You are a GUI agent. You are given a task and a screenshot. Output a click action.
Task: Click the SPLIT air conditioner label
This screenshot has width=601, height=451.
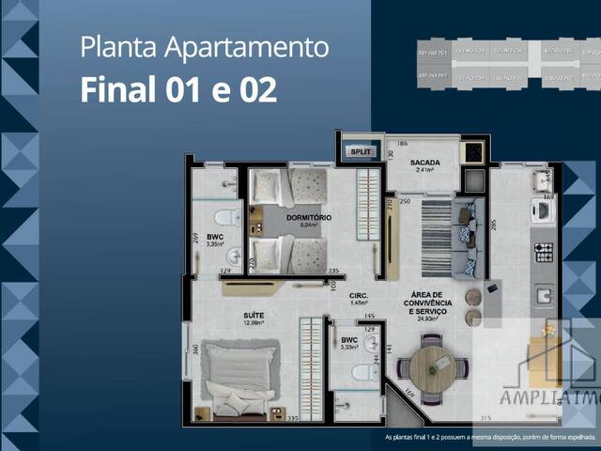click(x=362, y=150)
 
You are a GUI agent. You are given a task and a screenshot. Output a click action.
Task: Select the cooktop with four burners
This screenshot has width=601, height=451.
click(x=544, y=253)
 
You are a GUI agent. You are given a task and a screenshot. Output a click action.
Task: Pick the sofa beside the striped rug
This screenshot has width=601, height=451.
click(x=467, y=239)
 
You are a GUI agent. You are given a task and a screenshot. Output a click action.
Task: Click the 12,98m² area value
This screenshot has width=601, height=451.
click(x=254, y=322)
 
